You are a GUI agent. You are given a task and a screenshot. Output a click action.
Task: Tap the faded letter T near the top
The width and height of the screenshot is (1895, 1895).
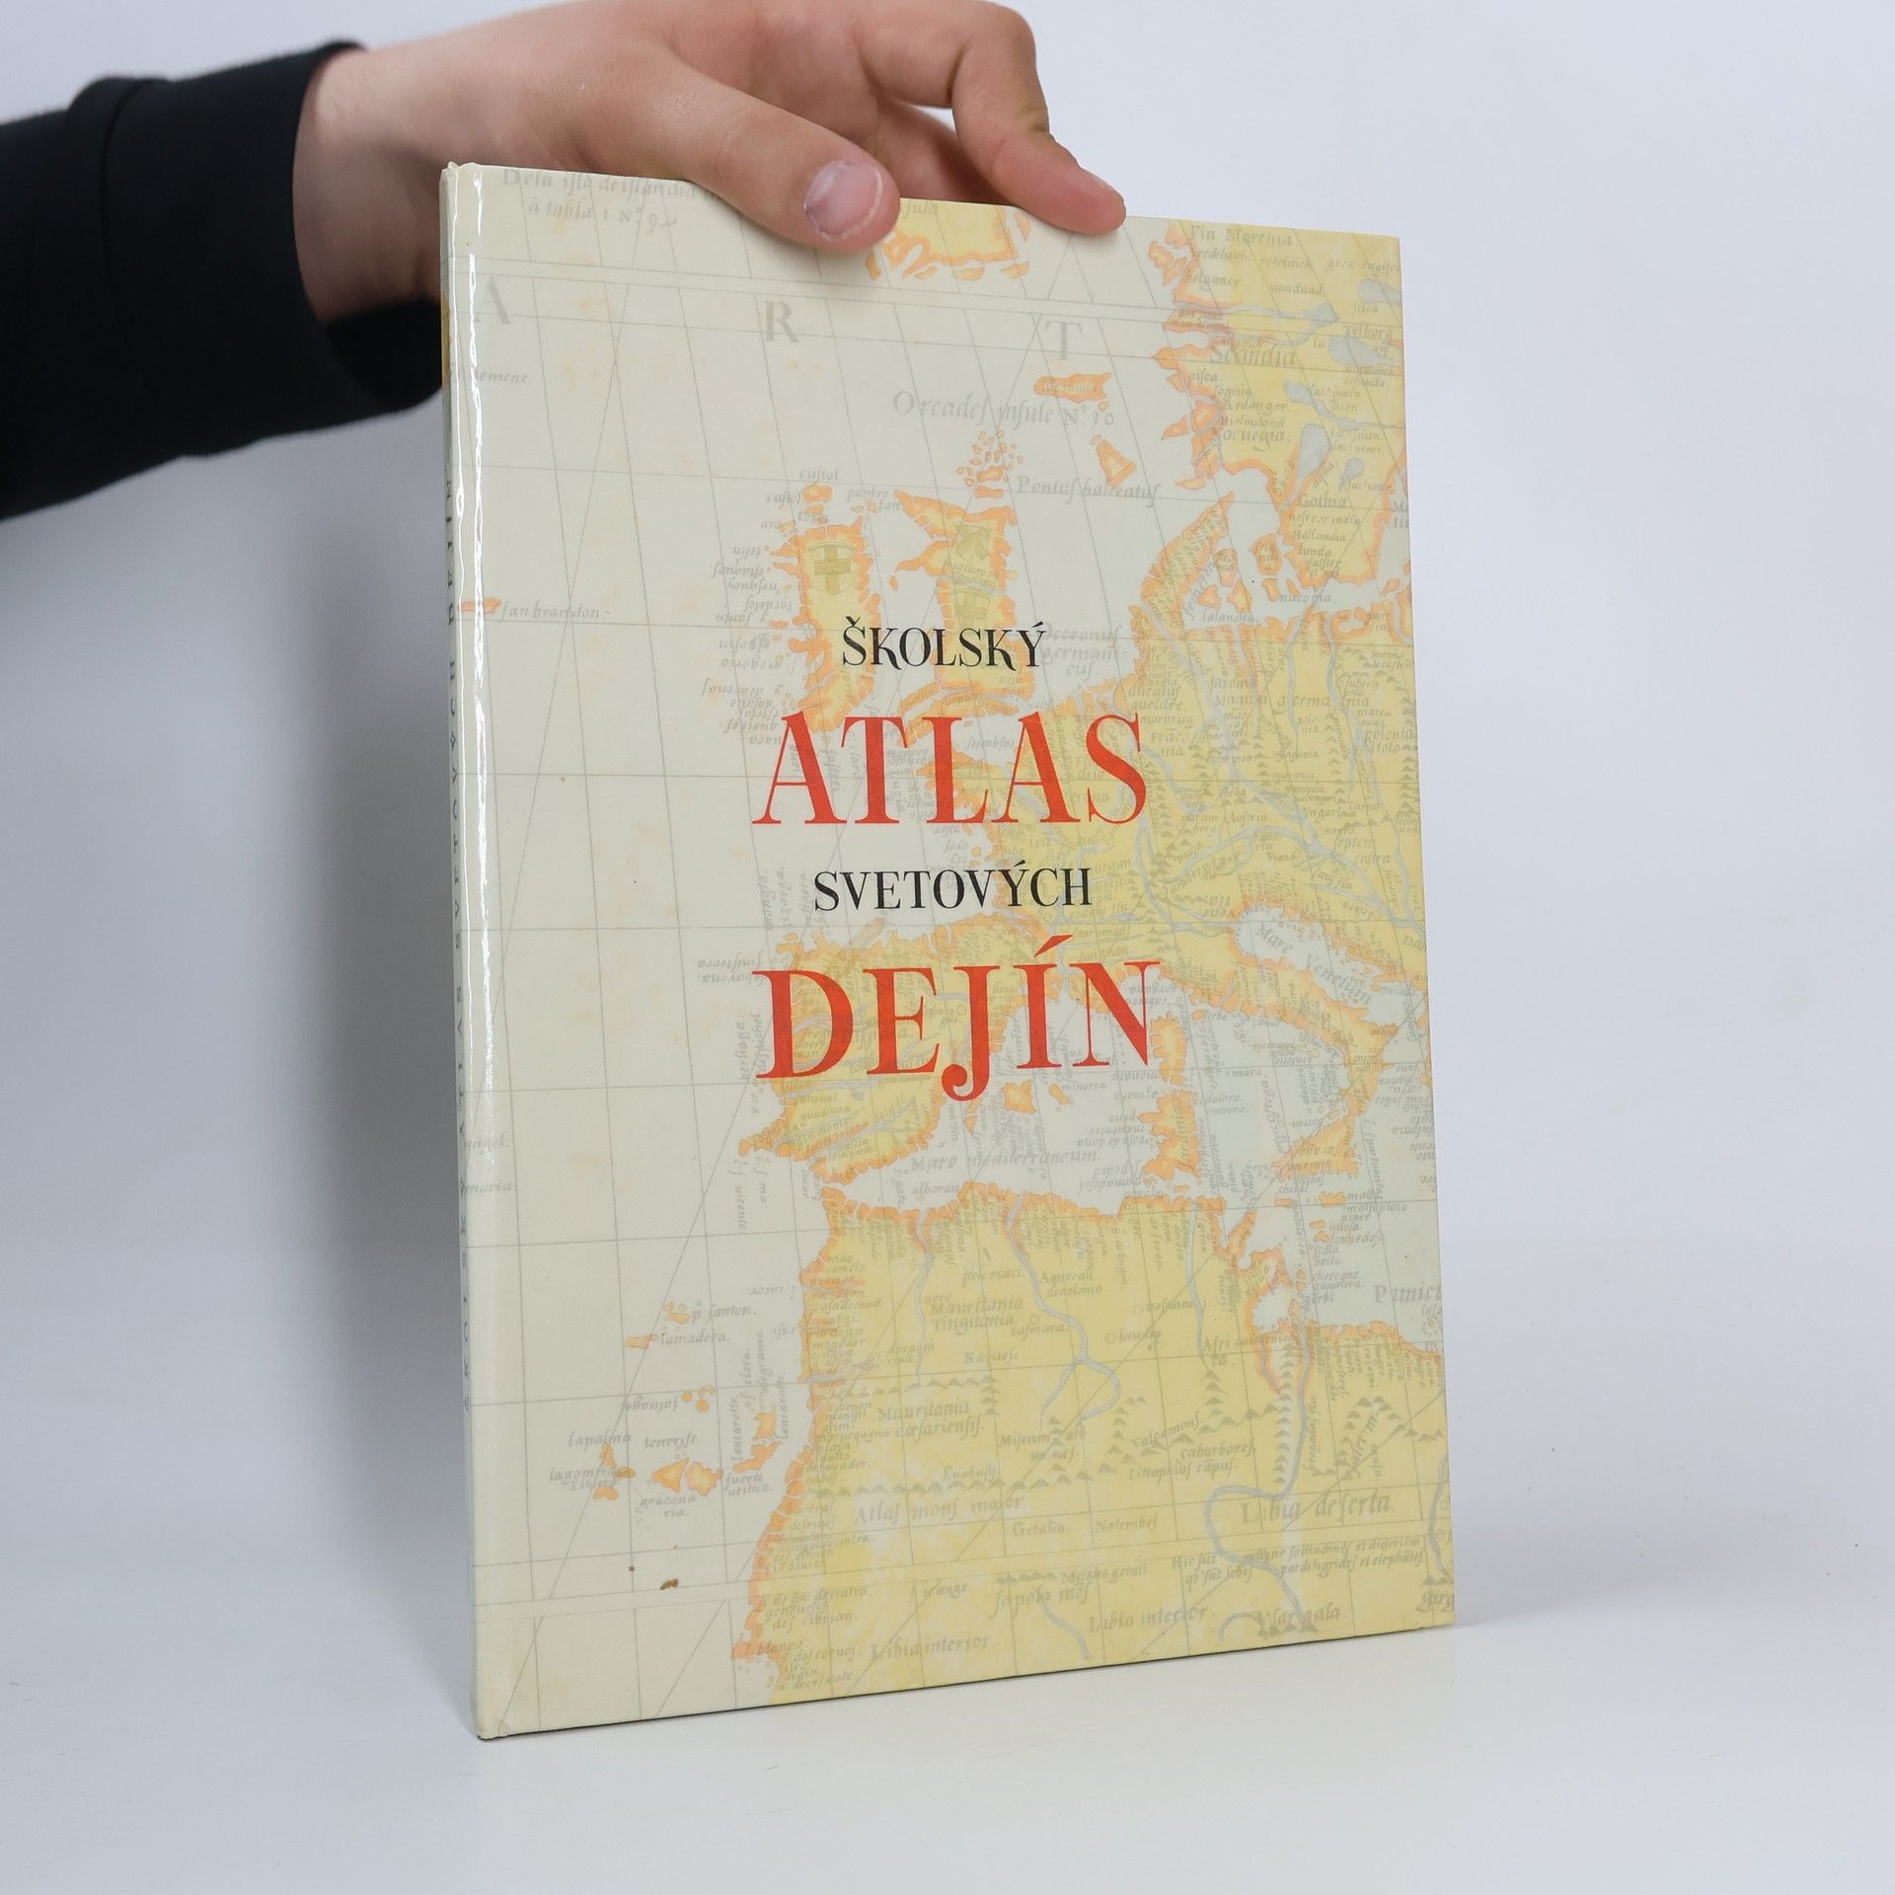point(1062,341)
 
